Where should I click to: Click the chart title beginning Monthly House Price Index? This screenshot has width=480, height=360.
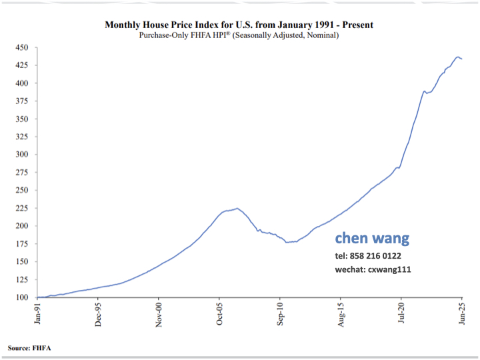[239, 25]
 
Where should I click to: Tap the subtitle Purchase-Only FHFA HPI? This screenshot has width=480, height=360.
[239, 35]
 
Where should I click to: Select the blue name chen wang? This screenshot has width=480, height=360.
[372, 239]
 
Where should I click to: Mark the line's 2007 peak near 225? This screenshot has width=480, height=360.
[237, 208]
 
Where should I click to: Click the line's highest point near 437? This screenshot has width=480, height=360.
[458, 57]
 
